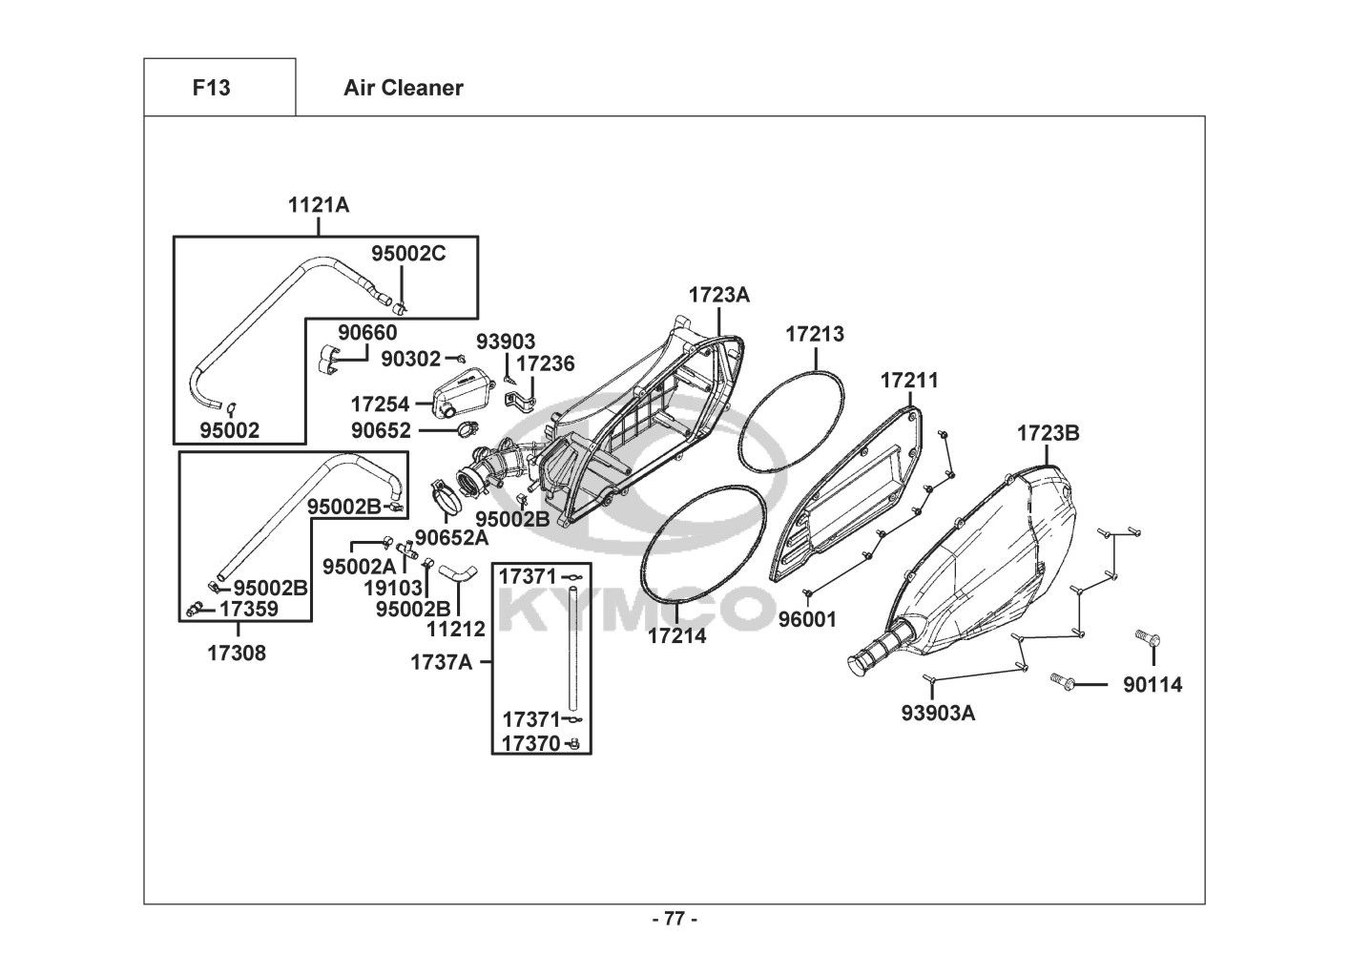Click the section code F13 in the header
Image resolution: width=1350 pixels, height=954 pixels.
[x=211, y=88]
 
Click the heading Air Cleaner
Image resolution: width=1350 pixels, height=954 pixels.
[x=403, y=88]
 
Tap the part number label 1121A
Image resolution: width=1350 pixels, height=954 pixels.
[x=319, y=204]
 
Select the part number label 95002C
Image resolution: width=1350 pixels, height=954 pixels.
[x=408, y=253]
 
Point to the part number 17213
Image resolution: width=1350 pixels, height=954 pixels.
[x=815, y=334]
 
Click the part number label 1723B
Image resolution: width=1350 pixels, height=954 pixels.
[x=1048, y=433]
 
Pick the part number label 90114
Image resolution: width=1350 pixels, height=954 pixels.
[x=1152, y=684]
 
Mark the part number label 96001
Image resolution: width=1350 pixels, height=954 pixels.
[x=807, y=619]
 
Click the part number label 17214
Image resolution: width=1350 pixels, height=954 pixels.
[x=677, y=635]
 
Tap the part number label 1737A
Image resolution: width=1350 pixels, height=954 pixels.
[x=442, y=661]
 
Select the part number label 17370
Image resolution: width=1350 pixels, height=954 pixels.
[x=530, y=743]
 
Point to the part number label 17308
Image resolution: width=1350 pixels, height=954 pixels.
[x=237, y=653]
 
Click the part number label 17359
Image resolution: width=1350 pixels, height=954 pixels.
[x=249, y=609]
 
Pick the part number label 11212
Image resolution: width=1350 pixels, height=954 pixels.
[x=456, y=629]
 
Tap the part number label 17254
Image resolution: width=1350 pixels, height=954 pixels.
[x=380, y=404]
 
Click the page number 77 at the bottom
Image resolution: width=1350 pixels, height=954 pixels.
[x=674, y=920]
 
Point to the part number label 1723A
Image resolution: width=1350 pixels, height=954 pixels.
[x=719, y=295]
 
